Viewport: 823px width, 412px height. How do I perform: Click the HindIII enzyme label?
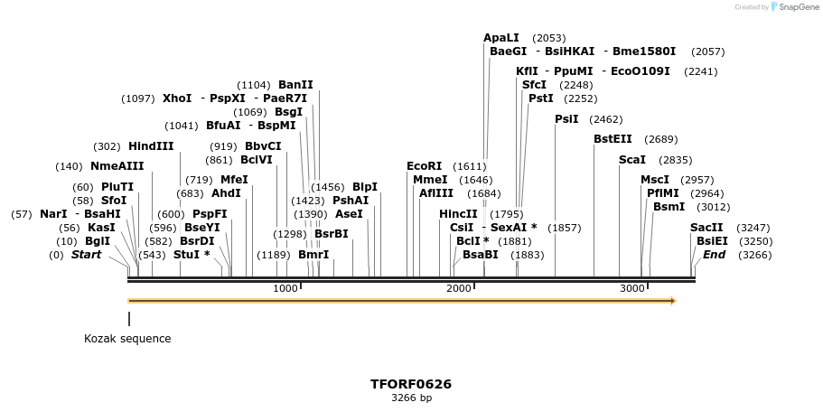[x=151, y=146]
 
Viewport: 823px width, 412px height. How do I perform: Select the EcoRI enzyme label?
[x=424, y=166]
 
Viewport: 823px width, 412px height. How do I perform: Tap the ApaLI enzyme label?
[x=501, y=38]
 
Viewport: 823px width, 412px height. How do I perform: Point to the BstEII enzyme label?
[x=613, y=139]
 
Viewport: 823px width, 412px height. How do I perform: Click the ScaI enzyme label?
[x=631, y=160]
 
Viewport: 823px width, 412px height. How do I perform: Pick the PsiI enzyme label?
[x=566, y=119]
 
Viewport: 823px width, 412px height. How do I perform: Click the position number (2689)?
[x=660, y=140]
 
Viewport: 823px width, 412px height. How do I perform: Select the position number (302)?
[x=107, y=146]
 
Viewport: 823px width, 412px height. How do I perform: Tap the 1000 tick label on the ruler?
[x=285, y=288]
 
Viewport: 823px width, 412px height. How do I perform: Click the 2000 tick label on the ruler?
[x=459, y=288]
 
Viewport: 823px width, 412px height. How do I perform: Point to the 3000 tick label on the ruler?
[x=632, y=288]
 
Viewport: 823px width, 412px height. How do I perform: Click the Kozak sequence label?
[x=127, y=339]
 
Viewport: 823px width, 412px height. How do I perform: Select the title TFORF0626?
[x=411, y=384]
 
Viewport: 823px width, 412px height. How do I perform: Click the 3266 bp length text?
[x=411, y=398]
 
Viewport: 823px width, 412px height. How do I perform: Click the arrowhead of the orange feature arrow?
[x=672, y=301]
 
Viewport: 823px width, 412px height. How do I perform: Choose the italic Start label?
[x=86, y=255]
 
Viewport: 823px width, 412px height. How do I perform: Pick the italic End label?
[x=714, y=255]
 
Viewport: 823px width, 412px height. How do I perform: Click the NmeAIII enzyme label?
[x=117, y=166]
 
